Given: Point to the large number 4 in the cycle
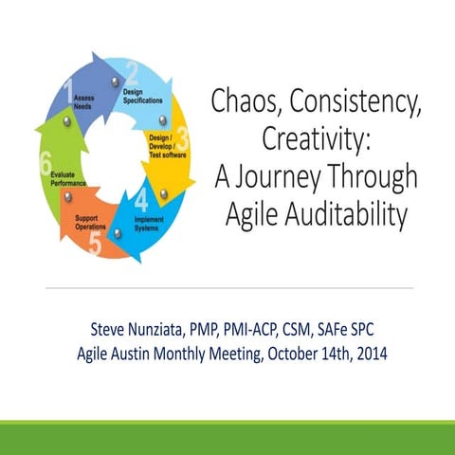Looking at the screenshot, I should tap(141, 200).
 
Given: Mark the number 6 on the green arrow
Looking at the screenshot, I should tap(45, 163).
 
